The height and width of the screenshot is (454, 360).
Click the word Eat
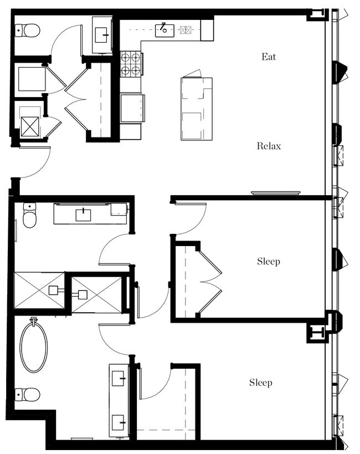269,57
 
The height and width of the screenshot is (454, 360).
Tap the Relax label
269,146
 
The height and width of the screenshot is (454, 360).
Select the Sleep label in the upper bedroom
268,261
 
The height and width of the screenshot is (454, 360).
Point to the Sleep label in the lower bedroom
260,382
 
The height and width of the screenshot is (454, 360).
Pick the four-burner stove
131,63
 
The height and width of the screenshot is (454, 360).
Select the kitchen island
196,109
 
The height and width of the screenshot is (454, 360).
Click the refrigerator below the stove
132,108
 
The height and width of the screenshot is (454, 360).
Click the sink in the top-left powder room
102,34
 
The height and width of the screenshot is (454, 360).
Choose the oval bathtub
34,347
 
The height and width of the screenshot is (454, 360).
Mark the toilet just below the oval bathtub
28,394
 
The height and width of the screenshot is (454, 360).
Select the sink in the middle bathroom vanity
83,214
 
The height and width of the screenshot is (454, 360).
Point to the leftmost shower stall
39,290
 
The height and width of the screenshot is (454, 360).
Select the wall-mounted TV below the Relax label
275,193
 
